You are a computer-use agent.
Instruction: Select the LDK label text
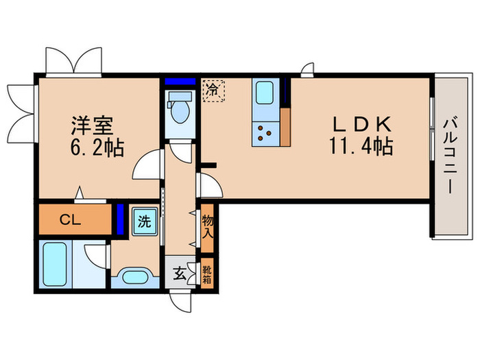(361, 125)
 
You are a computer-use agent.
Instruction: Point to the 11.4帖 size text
(361, 147)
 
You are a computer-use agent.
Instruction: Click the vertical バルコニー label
(450, 157)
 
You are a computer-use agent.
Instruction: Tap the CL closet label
(71, 221)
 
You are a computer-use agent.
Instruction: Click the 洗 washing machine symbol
(145, 222)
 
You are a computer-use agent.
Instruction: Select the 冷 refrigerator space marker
(213, 90)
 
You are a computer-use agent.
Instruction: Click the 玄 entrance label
(178, 274)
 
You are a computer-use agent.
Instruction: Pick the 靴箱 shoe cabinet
(206, 274)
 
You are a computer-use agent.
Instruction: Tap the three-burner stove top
(264, 132)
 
